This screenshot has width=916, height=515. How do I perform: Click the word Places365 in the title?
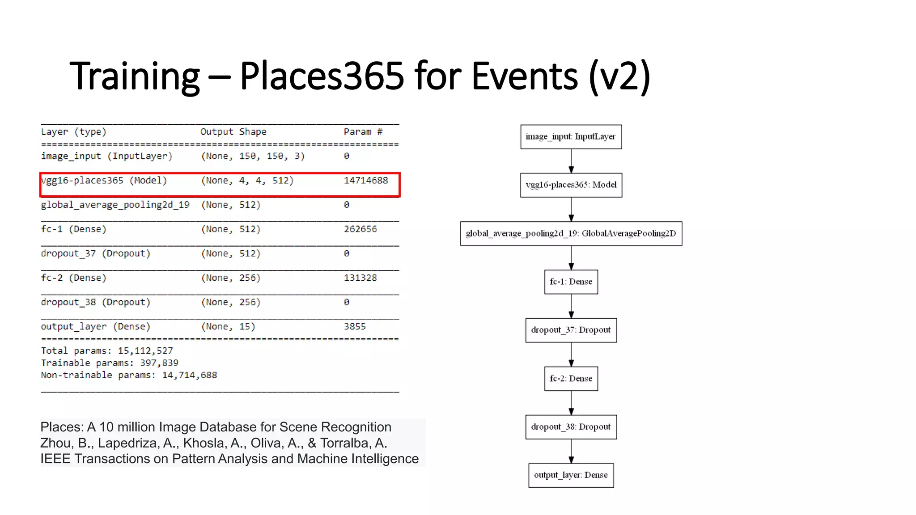click(x=322, y=76)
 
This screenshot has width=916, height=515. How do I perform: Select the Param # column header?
click(x=363, y=132)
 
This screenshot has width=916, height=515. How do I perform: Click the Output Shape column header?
click(x=233, y=132)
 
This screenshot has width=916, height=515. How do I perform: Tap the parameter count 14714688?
click(x=365, y=181)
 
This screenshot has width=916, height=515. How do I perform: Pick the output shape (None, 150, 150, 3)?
click(x=253, y=156)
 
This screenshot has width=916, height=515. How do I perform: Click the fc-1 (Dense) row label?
click(x=74, y=229)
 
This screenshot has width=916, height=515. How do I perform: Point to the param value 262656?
click(x=360, y=229)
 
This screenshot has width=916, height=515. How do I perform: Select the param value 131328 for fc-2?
click(x=360, y=278)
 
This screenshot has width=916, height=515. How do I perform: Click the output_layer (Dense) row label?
click(x=95, y=327)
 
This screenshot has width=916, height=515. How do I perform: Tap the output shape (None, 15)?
click(x=228, y=327)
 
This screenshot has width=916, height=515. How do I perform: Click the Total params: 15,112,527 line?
click(x=107, y=351)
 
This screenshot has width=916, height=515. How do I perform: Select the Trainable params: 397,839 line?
click(x=110, y=363)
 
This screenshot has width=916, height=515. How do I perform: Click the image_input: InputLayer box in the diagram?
click(x=571, y=137)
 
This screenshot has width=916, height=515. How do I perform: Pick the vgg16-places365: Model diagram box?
click(x=571, y=185)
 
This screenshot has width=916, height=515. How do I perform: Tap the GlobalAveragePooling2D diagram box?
click(x=571, y=233)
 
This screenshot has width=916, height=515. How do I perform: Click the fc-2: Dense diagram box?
click(x=571, y=379)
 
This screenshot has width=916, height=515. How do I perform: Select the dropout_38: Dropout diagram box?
click(x=571, y=427)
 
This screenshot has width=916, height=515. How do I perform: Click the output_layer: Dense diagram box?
click(x=571, y=475)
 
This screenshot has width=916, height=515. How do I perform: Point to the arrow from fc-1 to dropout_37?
click(x=571, y=306)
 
